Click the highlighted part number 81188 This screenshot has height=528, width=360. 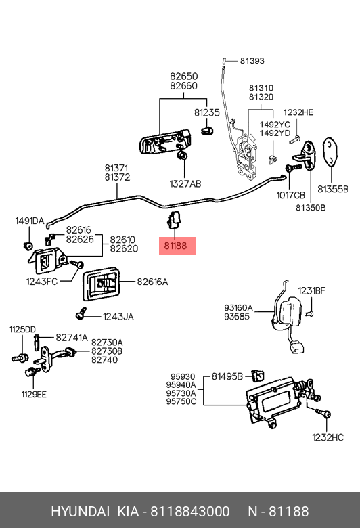[175, 246]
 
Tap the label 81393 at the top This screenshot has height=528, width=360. [252, 61]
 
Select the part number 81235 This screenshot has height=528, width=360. [207, 112]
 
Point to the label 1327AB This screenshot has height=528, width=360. [185, 184]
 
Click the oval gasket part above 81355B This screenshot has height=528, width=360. [330, 152]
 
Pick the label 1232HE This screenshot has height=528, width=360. [298, 112]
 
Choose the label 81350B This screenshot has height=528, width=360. [311, 208]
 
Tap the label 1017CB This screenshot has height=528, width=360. [290, 196]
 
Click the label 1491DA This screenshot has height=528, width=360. [30, 221]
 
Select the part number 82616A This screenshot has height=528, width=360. [152, 282]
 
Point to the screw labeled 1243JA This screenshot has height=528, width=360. [81, 313]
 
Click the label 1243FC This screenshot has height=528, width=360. [42, 281]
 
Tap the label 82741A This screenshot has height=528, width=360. [72, 338]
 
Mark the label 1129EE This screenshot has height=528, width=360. [34, 395]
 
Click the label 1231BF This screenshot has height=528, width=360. [311, 290]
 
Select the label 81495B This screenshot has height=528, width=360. [227, 376]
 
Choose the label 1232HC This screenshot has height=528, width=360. [328, 437]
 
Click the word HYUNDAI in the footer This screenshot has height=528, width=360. [80, 512]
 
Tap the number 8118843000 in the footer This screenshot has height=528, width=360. [189, 512]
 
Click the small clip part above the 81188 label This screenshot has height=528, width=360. [174, 219]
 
